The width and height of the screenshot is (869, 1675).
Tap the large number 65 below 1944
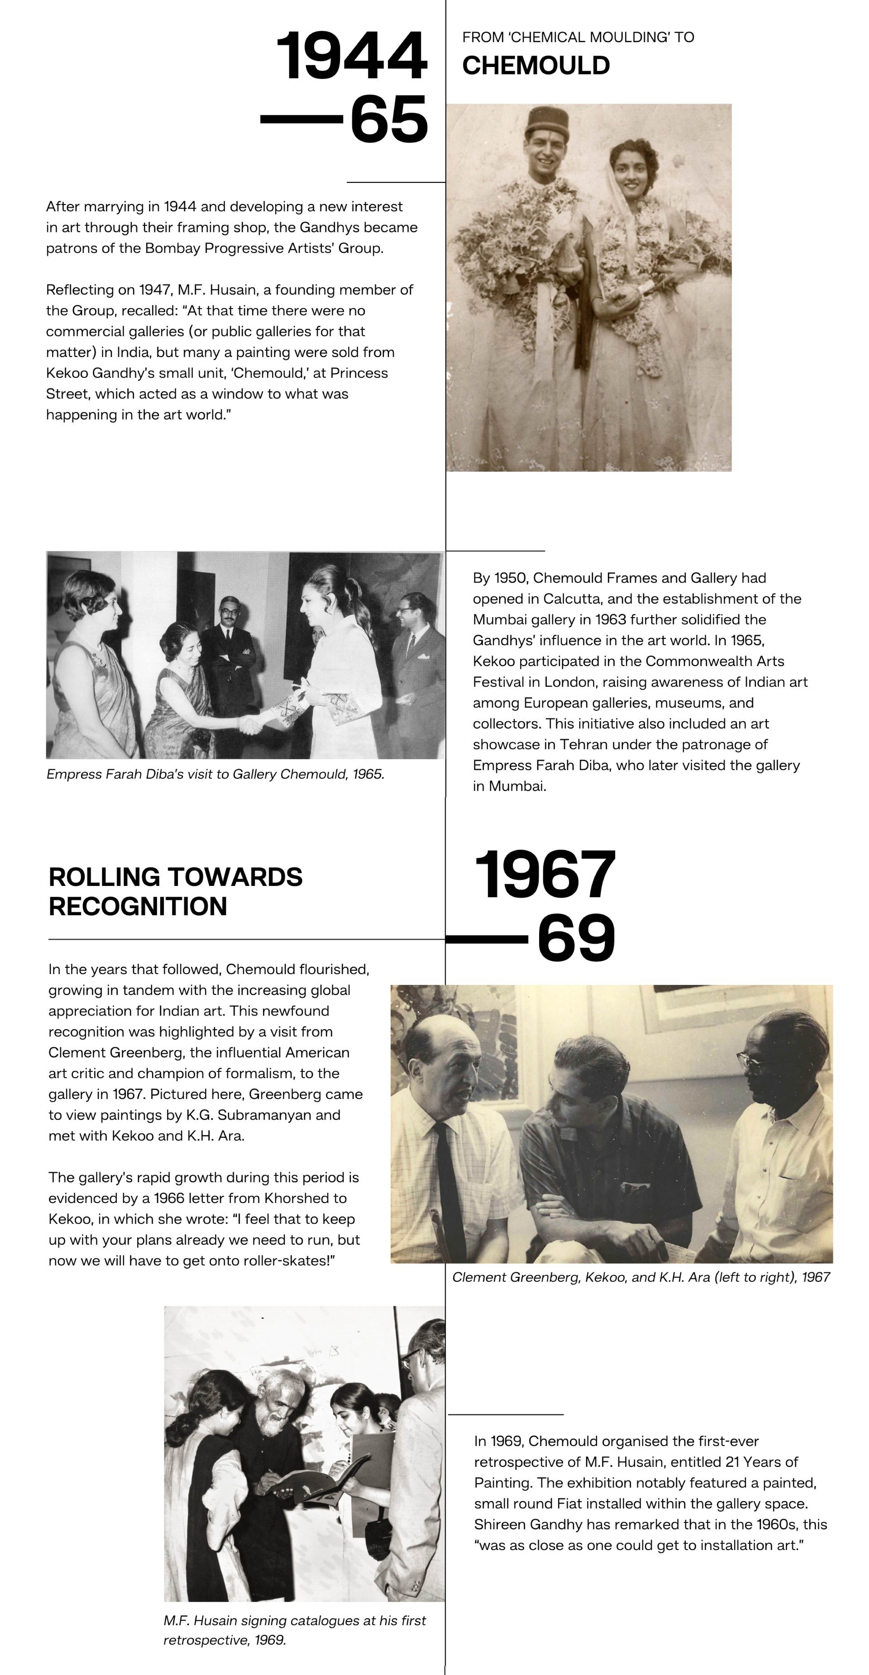pos(389,119)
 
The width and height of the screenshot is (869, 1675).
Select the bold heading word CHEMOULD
pos(535,66)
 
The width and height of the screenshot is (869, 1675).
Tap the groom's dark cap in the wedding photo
pos(548,120)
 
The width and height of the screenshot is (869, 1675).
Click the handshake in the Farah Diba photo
pos(250,724)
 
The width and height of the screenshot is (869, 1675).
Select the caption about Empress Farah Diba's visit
pos(215,774)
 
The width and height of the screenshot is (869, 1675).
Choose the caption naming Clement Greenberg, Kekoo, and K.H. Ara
pos(641,1277)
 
